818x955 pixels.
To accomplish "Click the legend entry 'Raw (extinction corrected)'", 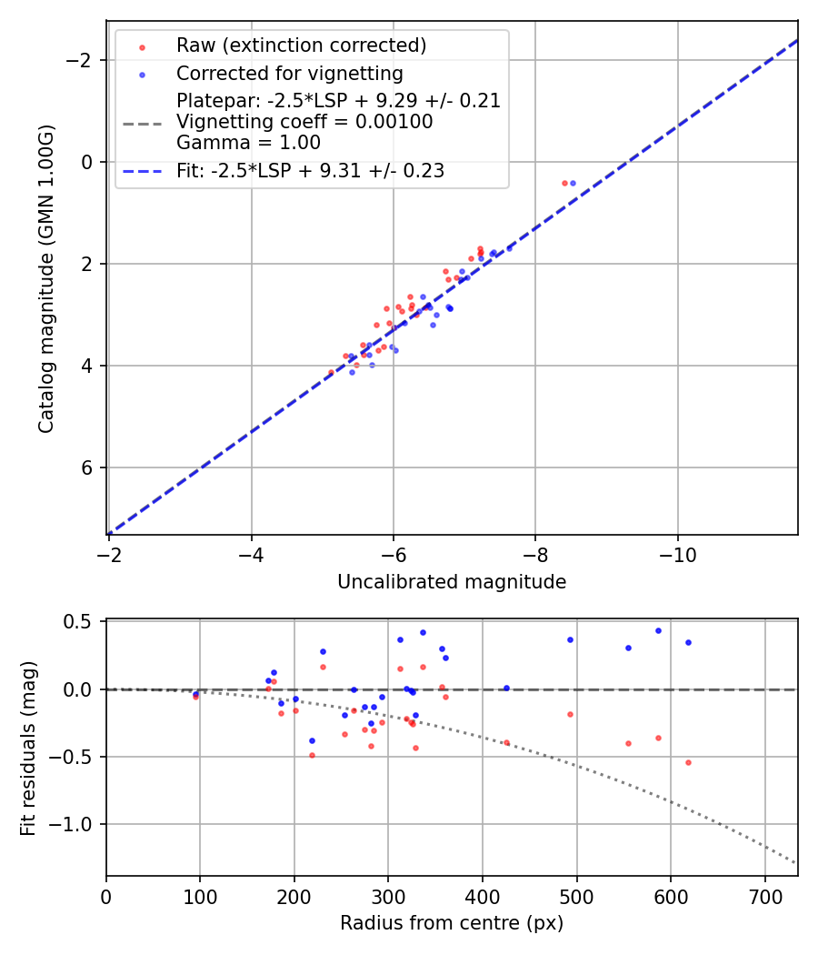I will point(301,45).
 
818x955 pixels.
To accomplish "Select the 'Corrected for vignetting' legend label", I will point(289,73).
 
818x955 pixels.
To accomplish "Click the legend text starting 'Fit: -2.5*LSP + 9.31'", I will point(310,171).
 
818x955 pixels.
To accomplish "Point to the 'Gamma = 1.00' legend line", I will point(248,143).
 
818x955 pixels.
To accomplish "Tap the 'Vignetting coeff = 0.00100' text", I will point(304,122).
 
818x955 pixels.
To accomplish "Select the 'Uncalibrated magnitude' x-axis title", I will point(452,582).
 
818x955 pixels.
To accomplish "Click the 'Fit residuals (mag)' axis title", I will point(28,748).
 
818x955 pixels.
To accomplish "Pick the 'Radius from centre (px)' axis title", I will point(452,923).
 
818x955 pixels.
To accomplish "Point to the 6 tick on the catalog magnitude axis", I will point(89,467).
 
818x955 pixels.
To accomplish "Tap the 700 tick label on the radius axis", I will point(764,897).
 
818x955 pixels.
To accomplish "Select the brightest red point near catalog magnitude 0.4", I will point(564,183).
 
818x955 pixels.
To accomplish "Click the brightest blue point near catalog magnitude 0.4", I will point(573,183).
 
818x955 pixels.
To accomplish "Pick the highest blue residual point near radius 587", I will point(658,630).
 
